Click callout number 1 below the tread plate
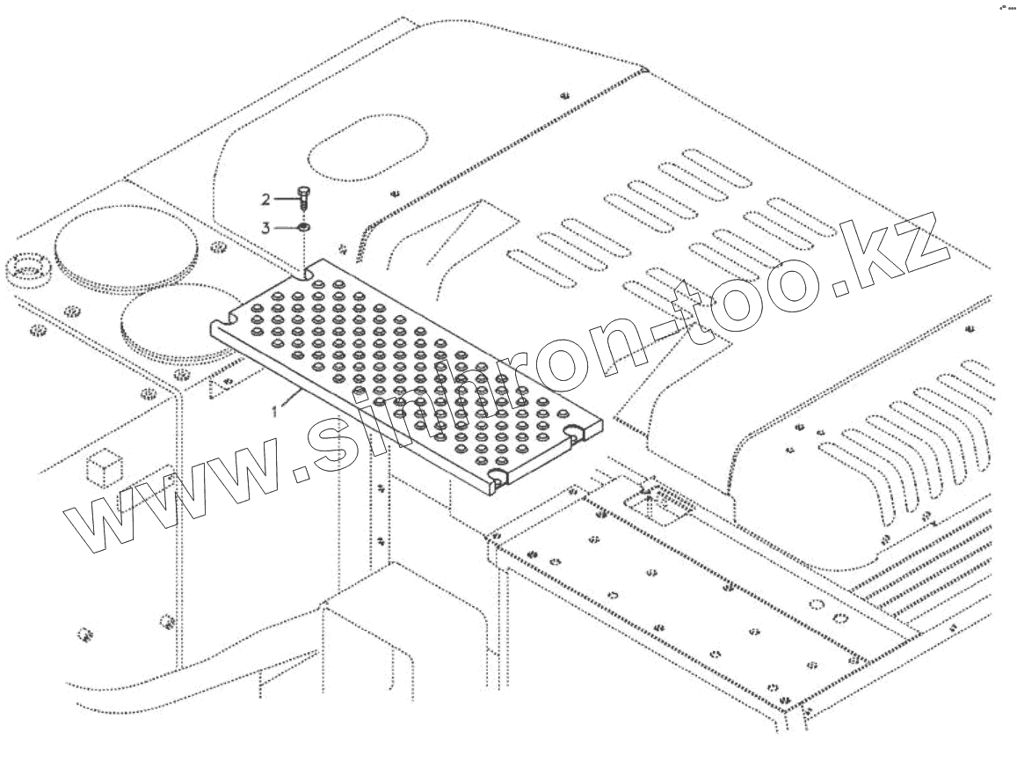point(276,411)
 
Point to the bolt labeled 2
point(302,199)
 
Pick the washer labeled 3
point(302,227)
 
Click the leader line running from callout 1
point(292,399)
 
